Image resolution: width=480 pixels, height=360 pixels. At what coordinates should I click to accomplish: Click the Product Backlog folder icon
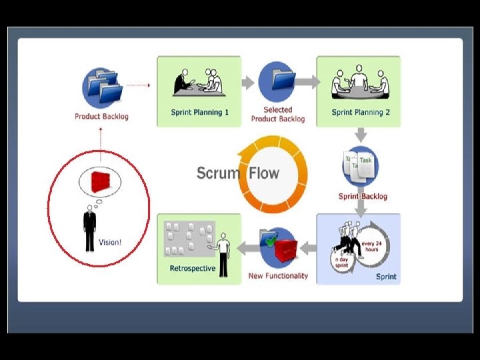point(102,87)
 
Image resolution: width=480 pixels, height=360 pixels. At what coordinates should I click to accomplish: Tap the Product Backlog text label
point(101,117)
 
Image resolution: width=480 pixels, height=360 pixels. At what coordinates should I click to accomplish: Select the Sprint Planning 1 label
point(199,113)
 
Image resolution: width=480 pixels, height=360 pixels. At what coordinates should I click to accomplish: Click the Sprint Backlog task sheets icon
point(360,166)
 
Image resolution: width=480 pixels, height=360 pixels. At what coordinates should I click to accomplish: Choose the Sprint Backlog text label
point(363,197)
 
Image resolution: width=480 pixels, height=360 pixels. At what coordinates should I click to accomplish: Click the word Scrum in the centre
point(218,173)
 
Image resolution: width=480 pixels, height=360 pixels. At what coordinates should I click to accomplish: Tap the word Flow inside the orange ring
point(264,173)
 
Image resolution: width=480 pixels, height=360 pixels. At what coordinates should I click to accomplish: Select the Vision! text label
point(110,242)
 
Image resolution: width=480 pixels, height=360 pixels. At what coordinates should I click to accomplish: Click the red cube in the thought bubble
point(101,181)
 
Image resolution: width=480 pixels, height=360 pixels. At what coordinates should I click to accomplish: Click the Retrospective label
point(192,269)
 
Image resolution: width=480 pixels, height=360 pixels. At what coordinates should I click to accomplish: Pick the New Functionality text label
point(278,276)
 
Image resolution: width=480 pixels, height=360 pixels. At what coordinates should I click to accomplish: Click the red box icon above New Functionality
point(280,247)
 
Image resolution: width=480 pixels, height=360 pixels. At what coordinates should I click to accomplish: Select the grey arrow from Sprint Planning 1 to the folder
point(247,83)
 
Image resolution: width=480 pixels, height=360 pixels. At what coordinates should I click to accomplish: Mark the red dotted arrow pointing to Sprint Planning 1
point(138,85)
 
